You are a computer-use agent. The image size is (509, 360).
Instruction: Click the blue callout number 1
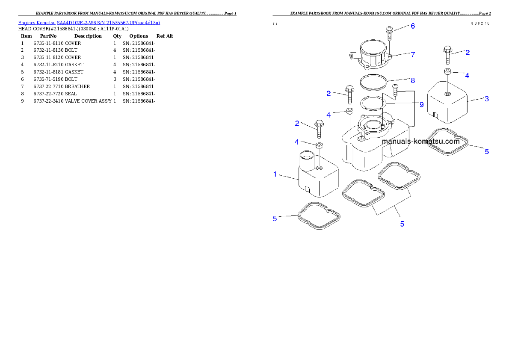[x=275, y=174]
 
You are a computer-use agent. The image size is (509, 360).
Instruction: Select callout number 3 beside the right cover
[x=486, y=99]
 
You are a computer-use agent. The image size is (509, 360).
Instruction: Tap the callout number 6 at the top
[x=413, y=26]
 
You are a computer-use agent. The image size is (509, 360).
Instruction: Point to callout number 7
[x=413, y=55]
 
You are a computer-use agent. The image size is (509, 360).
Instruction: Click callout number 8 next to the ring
[x=413, y=80]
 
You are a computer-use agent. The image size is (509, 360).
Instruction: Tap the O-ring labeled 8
[x=373, y=82]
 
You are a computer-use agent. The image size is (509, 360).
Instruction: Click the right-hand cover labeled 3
[x=449, y=103]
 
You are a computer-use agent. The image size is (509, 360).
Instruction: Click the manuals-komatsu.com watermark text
[x=420, y=142]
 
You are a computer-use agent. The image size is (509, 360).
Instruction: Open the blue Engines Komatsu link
[x=89, y=22]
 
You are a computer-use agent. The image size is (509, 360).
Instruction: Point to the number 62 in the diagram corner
[x=275, y=23]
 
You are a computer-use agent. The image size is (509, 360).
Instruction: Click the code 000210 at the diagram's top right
[x=480, y=23]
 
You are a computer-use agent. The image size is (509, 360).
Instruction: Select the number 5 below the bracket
[x=402, y=224]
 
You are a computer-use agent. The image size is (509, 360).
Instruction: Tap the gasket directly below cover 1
[x=319, y=216]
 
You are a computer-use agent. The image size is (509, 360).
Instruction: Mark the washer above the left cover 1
[x=319, y=146]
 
